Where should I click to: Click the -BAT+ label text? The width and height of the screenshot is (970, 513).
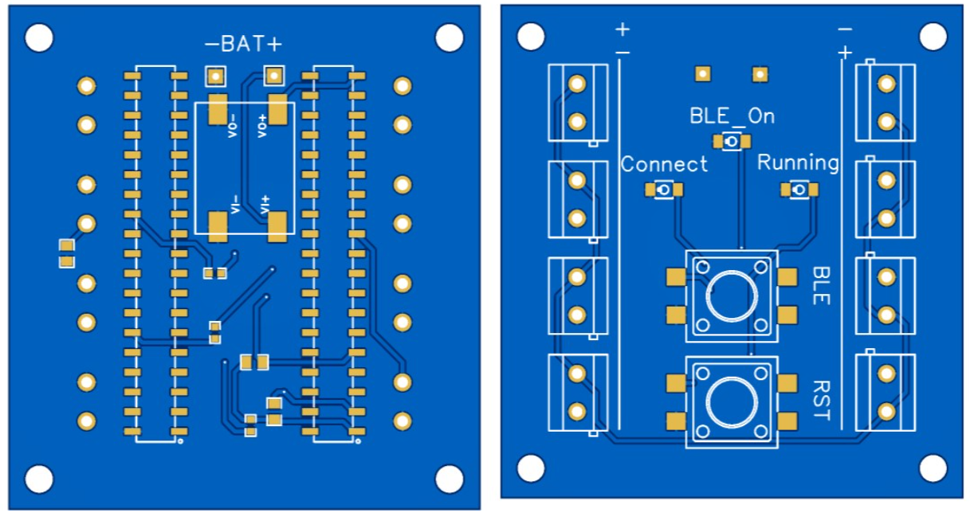pyautogui.click(x=243, y=44)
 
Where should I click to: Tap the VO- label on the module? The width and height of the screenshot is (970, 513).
pyautogui.click(x=233, y=126)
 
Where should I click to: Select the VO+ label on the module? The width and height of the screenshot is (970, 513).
pyautogui.click(x=262, y=126)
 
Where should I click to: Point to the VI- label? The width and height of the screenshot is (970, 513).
pyautogui.click(x=235, y=205)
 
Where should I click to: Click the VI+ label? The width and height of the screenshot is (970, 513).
pyautogui.click(x=265, y=205)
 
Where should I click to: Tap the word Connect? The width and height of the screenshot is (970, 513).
pyautogui.click(x=664, y=165)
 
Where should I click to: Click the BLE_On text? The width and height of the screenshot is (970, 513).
pyautogui.click(x=732, y=116)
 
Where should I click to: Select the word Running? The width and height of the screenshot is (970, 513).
pyautogui.click(x=798, y=163)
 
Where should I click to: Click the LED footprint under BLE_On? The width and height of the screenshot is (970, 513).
pyautogui.click(x=732, y=142)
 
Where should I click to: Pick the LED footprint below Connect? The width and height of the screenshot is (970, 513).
pyautogui.click(x=664, y=190)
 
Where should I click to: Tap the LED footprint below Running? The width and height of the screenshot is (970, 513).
pyautogui.click(x=799, y=190)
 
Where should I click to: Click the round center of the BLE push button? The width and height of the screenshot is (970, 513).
pyautogui.click(x=732, y=296)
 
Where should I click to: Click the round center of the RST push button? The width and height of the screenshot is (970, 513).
pyautogui.click(x=732, y=402)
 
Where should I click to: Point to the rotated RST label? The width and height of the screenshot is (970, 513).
pyautogui.click(x=821, y=401)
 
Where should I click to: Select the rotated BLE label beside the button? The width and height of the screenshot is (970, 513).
pyautogui.click(x=821, y=286)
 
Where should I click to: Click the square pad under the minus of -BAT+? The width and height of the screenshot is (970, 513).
pyautogui.click(x=216, y=76)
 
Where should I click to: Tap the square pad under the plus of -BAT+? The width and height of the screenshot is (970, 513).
pyautogui.click(x=273, y=76)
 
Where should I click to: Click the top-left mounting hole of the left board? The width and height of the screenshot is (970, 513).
pyautogui.click(x=39, y=38)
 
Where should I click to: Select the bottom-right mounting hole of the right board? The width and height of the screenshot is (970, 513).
pyautogui.click(x=933, y=468)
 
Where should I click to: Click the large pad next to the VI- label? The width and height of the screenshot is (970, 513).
pyautogui.click(x=218, y=226)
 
